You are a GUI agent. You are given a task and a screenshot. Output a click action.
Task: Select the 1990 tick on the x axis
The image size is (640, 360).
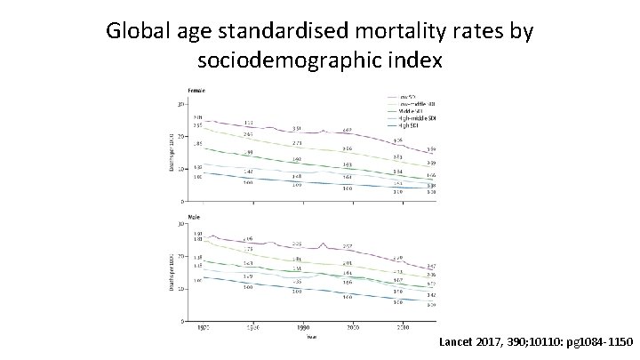click(x=303, y=327)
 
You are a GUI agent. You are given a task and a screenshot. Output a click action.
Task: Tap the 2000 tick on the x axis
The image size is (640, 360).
click(x=353, y=327)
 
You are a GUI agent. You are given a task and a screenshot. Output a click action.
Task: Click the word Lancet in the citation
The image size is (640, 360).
click(x=460, y=340)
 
